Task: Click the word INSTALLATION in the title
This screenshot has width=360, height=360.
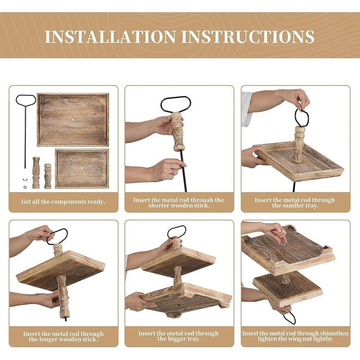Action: point(110,36)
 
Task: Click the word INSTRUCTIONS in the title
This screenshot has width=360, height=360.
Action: point(248,36)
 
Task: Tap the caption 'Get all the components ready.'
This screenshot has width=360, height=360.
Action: point(63,202)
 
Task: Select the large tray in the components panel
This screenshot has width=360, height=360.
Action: point(73,120)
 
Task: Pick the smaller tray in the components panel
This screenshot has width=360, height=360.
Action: point(82,168)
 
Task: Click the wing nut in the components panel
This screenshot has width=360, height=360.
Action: point(24,180)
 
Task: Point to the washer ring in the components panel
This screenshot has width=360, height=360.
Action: point(25,187)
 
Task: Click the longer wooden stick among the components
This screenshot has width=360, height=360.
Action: point(36,173)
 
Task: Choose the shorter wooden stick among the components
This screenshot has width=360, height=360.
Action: point(48,176)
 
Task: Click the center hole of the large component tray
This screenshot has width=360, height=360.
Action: point(73,120)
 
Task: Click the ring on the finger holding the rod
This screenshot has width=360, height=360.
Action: point(174,171)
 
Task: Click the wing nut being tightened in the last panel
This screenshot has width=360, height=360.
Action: point(284,244)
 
